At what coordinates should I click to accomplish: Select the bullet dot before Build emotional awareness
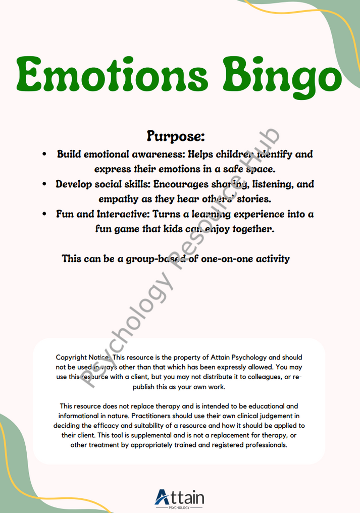(x=45, y=153)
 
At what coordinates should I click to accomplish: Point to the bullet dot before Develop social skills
(x=45, y=184)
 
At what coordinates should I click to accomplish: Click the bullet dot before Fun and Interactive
(x=45, y=214)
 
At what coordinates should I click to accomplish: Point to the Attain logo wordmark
(x=180, y=497)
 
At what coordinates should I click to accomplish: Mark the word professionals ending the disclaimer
(x=262, y=445)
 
